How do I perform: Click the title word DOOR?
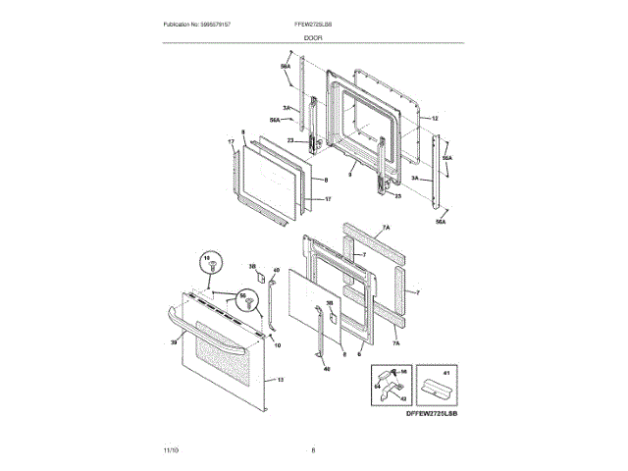(x=313, y=37)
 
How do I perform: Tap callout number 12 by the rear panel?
(x=435, y=117)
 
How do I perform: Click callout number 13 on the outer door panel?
(x=281, y=379)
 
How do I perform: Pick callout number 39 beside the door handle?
(x=174, y=341)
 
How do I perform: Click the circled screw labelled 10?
(x=208, y=263)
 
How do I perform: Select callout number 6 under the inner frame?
(x=361, y=353)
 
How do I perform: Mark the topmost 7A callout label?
(x=386, y=228)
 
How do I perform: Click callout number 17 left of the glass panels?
(x=232, y=143)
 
